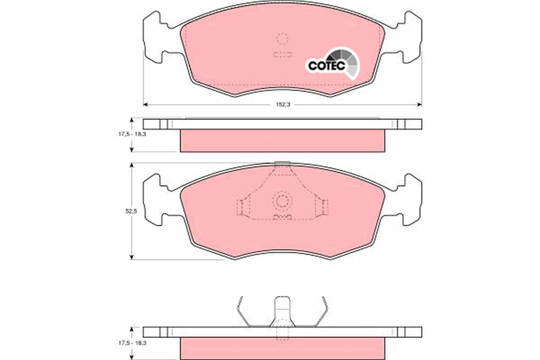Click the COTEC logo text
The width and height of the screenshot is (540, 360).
click(326, 66)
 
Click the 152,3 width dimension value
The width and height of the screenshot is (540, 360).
click(281, 104)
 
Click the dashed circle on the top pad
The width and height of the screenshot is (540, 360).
click(282, 39)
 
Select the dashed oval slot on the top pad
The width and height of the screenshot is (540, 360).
click(282, 55)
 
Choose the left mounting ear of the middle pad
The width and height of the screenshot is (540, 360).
click(153, 199)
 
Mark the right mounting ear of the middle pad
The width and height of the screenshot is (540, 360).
click(411, 199)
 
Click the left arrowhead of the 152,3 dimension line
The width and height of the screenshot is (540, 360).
click(145, 104)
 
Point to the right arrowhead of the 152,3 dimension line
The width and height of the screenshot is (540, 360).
click(419, 104)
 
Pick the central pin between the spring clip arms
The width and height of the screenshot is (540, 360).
click(282, 310)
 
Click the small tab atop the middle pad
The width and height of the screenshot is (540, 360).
click(282, 163)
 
